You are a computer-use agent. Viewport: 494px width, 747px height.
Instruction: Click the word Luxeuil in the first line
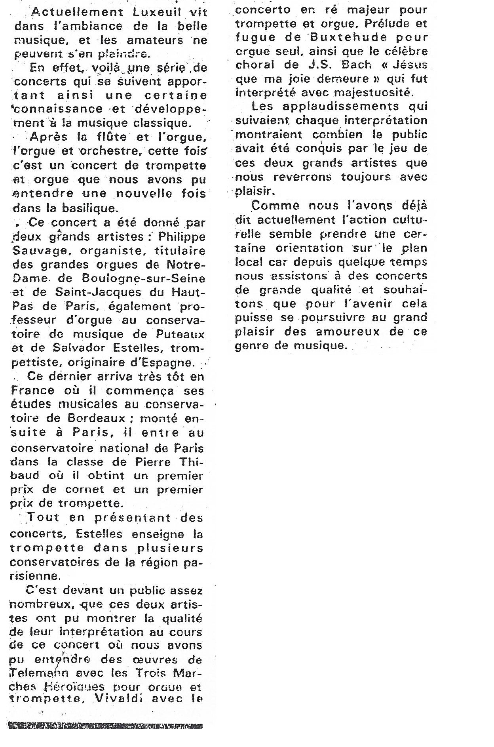[150, 12]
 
